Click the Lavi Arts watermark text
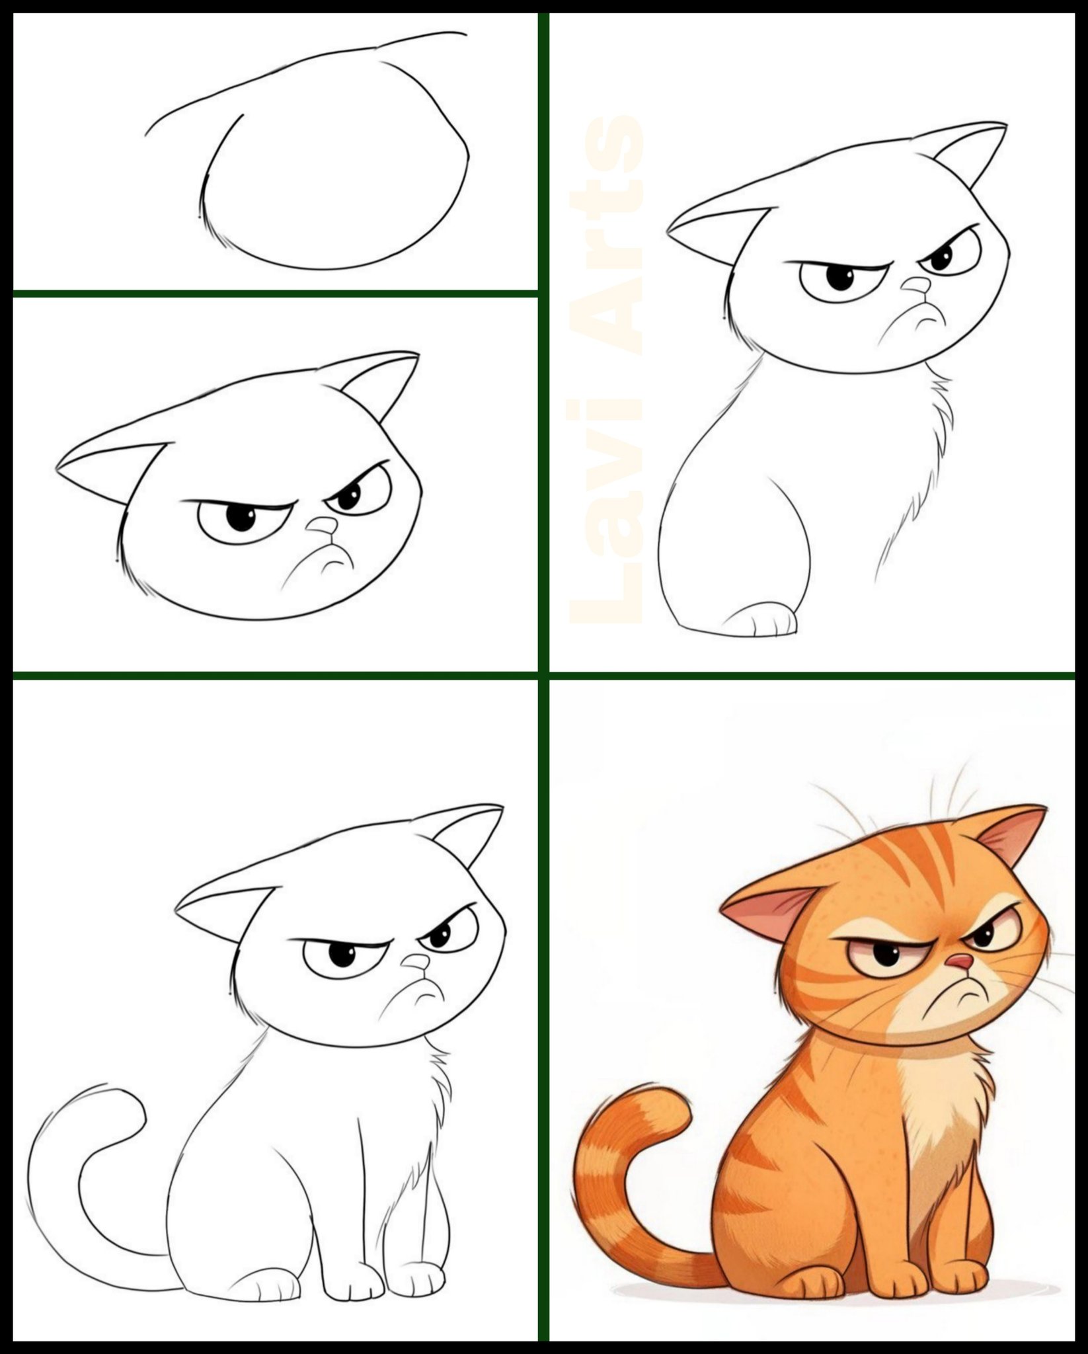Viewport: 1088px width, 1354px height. [x=606, y=370]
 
